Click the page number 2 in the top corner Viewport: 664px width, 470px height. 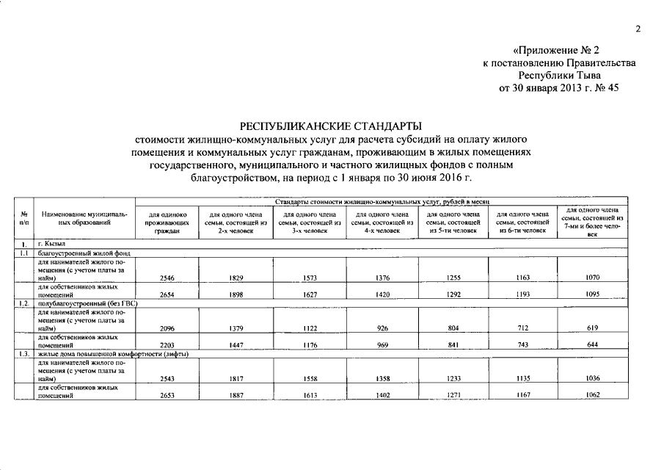(x=637, y=29)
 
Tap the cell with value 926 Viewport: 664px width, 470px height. (x=379, y=328)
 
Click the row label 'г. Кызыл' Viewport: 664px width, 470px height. (x=52, y=243)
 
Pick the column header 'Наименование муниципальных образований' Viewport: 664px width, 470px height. (x=84, y=217)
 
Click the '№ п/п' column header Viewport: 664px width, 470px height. (x=24, y=217)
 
